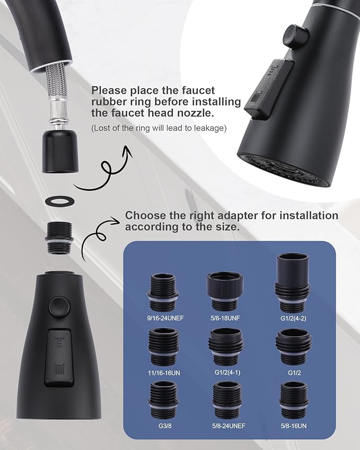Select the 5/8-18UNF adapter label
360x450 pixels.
tap(226, 320)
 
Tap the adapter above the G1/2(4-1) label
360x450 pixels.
tap(226, 348)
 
